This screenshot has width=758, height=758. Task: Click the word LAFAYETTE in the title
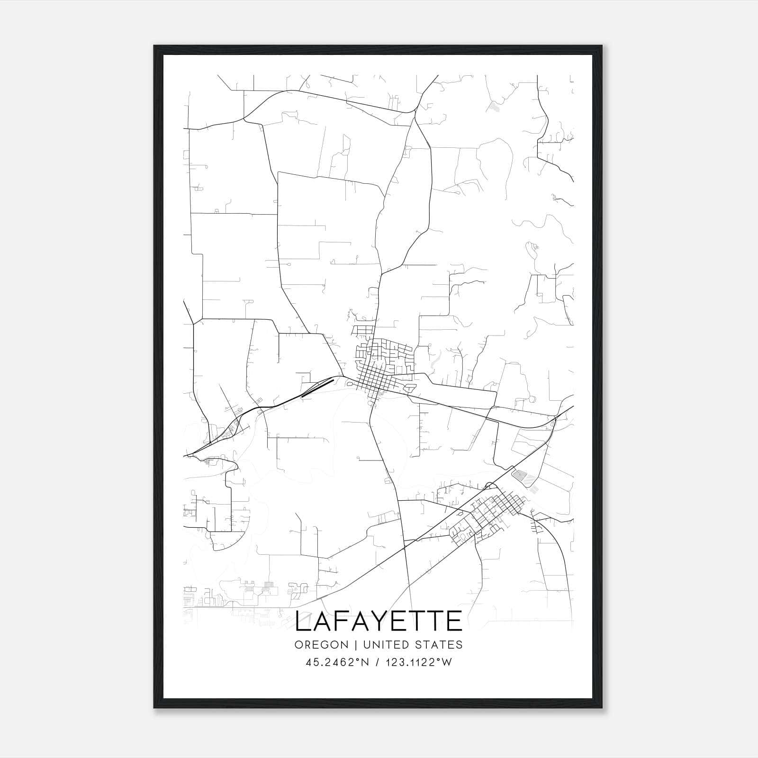pos(379,621)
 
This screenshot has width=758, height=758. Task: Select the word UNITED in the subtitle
pos(379,645)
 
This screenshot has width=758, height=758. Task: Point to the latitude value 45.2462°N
pos(337,662)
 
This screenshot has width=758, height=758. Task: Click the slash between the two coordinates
pos(377,662)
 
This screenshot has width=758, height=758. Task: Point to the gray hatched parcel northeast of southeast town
pos(521,476)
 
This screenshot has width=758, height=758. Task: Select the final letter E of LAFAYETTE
pos(454,621)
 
